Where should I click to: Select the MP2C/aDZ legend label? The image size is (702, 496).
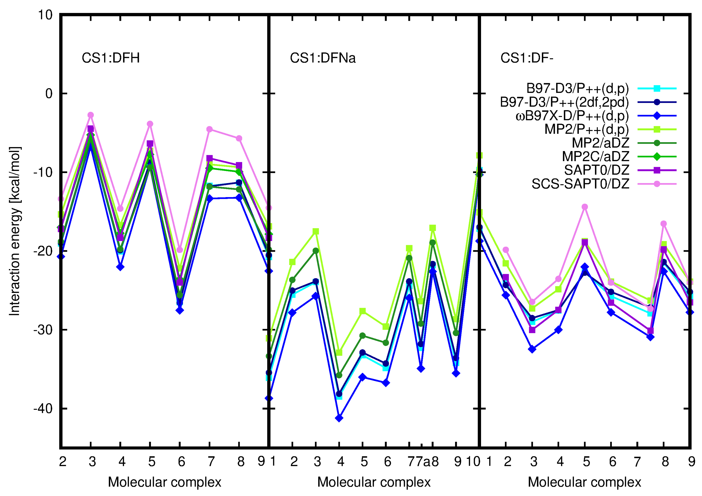click(x=595, y=157)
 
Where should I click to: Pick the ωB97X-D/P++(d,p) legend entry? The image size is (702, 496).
click(x=572, y=116)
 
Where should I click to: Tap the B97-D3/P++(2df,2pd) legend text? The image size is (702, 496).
click(x=564, y=102)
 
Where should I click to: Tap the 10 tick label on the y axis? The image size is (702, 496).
click(x=45, y=15)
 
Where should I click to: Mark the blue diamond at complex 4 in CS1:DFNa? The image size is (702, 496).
click(x=339, y=418)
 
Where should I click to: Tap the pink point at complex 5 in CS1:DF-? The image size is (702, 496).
click(x=584, y=207)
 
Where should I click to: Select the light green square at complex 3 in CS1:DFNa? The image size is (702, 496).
click(x=316, y=231)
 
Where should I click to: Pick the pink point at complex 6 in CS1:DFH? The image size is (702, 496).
click(x=180, y=250)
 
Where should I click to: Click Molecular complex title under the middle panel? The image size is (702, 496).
click(x=374, y=482)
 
